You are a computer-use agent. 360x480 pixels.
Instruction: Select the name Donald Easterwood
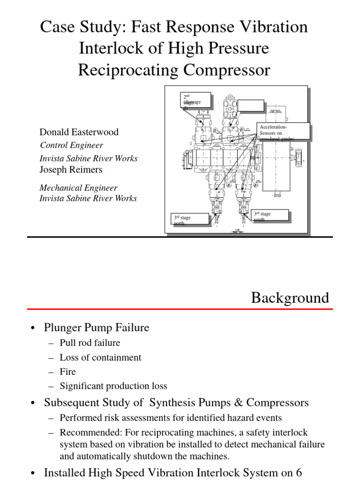(79, 132)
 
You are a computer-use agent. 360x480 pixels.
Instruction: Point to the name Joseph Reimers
(71, 169)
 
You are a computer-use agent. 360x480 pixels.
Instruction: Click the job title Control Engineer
(71, 145)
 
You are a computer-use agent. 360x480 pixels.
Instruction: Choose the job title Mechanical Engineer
(78, 188)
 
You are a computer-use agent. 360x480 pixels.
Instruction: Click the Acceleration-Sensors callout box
(284, 131)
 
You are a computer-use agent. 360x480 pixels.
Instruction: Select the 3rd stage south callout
(270, 216)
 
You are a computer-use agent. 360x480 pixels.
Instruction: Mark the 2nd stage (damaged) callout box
(196, 101)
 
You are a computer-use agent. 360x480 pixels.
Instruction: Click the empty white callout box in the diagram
(251, 105)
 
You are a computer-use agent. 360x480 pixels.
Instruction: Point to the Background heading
(290, 298)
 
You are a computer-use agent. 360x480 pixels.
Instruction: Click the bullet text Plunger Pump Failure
(97, 328)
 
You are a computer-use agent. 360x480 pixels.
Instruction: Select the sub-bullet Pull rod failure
(90, 343)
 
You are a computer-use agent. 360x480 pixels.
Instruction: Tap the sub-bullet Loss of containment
(100, 357)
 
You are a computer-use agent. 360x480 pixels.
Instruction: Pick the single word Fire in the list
(67, 372)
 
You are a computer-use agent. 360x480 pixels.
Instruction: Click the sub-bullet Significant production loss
(113, 386)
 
